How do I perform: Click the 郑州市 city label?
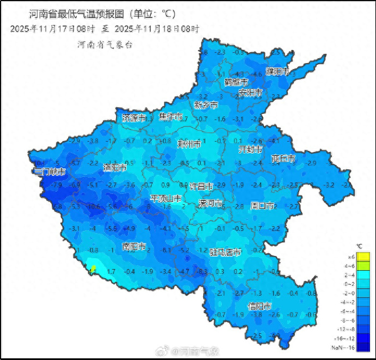click(x=189, y=143)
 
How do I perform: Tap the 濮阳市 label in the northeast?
click(x=277, y=72)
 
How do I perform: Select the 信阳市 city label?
click(x=259, y=306)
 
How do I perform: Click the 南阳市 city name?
click(x=134, y=246)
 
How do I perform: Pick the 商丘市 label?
click(x=283, y=159)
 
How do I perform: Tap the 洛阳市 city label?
click(x=115, y=167)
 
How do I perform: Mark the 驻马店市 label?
click(x=225, y=253)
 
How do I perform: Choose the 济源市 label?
click(x=133, y=117)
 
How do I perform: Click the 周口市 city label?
click(x=263, y=206)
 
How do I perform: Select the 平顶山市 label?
click(x=169, y=198)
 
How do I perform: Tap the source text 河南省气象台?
click(x=104, y=44)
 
